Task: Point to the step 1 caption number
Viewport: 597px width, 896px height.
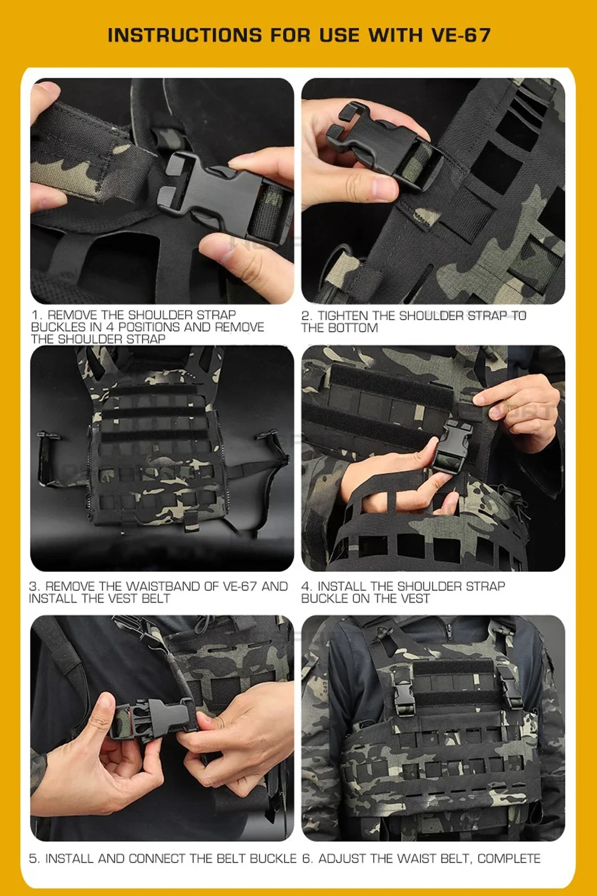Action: tap(35, 315)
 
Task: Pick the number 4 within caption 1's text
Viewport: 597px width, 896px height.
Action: tap(109, 327)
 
